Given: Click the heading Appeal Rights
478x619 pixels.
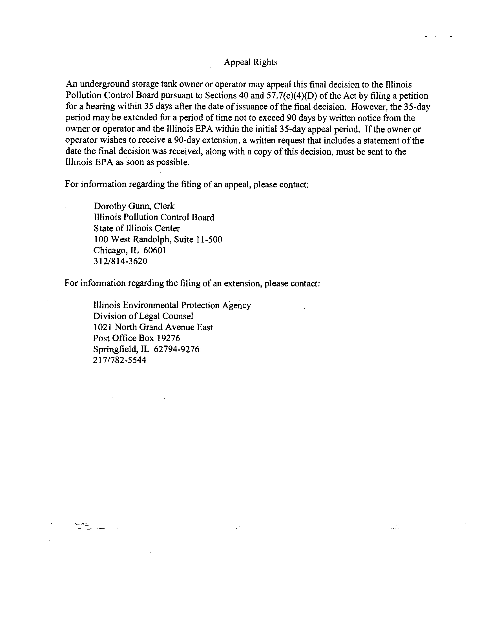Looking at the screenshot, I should [250, 62].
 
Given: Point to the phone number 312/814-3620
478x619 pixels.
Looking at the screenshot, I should [120, 261].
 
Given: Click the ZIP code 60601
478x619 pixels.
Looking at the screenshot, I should [155, 250].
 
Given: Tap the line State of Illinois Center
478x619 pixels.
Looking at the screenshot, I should [136, 228].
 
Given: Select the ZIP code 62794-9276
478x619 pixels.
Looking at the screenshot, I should [176, 349].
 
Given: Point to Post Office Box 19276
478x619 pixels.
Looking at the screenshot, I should [136, 338].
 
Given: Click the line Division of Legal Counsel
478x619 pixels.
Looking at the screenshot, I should [143, 316].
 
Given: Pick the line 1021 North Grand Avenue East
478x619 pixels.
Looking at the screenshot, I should [153, 327].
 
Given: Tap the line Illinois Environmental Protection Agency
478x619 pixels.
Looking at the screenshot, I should [172, 305].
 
